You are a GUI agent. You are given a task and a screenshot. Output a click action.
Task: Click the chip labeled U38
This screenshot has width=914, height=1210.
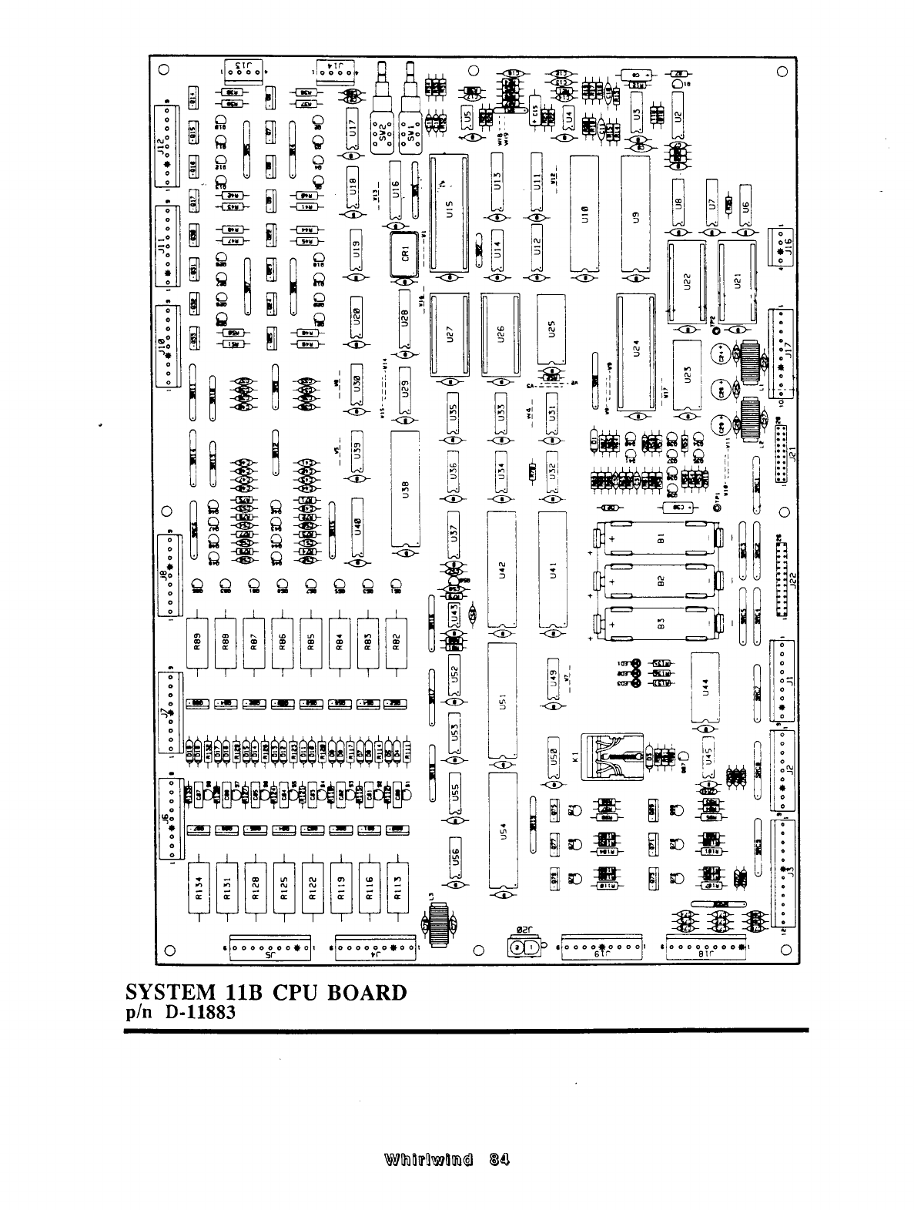[405, 491]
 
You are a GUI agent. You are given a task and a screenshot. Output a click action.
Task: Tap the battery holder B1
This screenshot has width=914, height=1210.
[659, 541]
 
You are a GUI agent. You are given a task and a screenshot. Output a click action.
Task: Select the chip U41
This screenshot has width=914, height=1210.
[551, 571]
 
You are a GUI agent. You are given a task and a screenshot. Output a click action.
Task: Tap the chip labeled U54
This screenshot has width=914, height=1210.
[502, 833]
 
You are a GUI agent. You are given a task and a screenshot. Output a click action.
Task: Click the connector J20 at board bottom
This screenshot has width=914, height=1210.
[523, 949]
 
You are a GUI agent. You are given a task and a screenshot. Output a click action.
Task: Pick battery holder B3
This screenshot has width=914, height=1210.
[659, 625]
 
